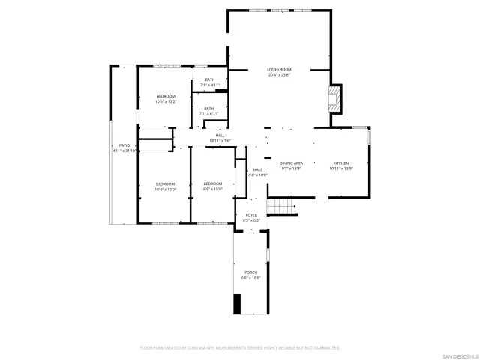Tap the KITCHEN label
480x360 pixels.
tap(341, 163)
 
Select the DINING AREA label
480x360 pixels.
tap(291, 163)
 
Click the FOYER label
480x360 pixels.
tap(251, 215)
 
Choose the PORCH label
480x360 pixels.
tap(250, 271)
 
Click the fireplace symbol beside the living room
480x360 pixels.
tap(336, 98)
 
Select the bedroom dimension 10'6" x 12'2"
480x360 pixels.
tap(166, 101)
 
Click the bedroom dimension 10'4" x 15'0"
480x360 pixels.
tap(165, 189)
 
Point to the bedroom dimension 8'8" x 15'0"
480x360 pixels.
tap(213, 189)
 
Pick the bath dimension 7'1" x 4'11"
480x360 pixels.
tap(208, 85)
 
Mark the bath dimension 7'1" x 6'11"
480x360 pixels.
tap(208, 113)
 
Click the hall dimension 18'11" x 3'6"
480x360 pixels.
tap(220, 140)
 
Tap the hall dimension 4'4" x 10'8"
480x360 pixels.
tap(258, 175)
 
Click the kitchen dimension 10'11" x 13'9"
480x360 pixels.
tap(341, 168)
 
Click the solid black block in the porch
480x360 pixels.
tap(238, 304)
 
